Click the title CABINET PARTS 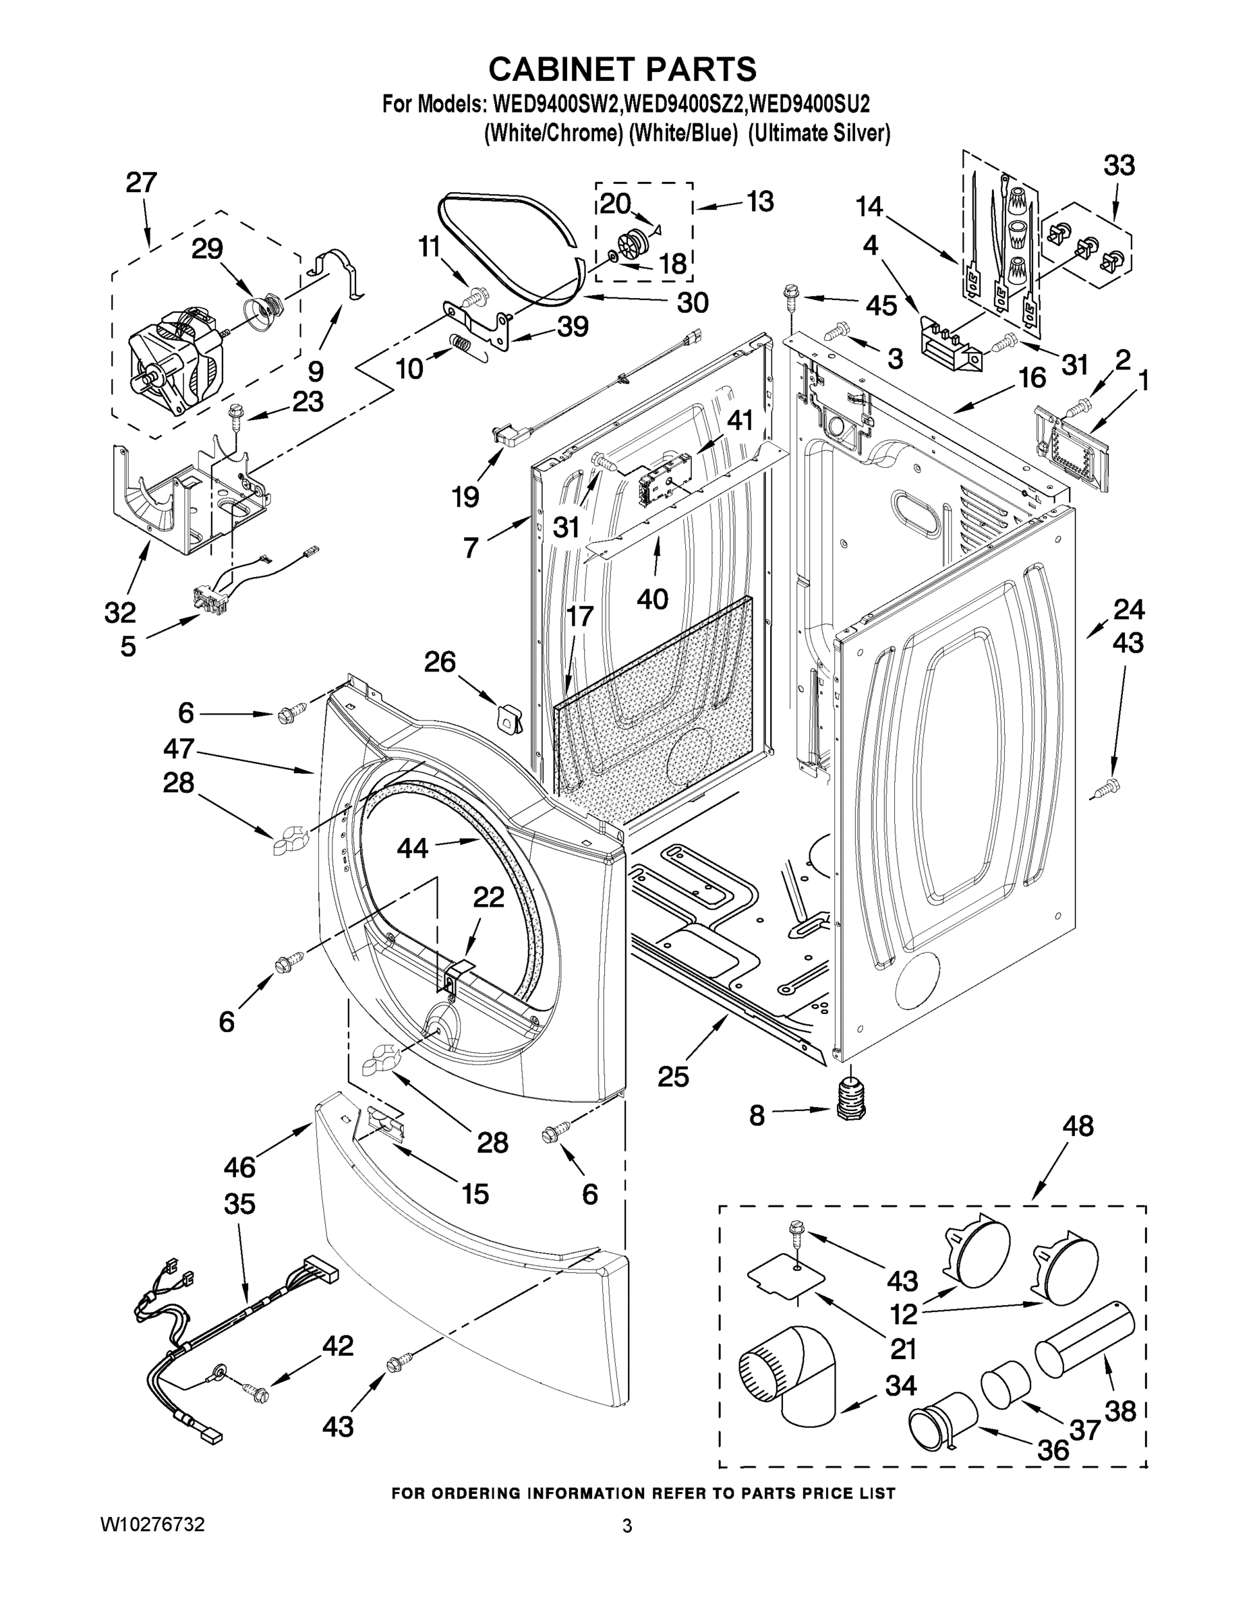[x=622, y=69]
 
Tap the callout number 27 [x=141, y=182]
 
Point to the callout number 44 [x=412, y=847]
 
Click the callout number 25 [x=673, y=1077]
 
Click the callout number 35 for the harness [x=239, y=1204]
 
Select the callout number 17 [x=579, y=616]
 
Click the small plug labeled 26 [x=508, y=717]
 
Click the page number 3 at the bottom [x=627, y=1526]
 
